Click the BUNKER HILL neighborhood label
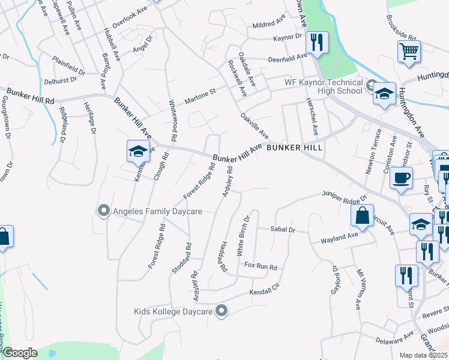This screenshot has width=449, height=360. pyautogui.click(x=295, y=147)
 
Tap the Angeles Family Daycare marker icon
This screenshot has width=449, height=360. pyautogui.click(x=103, y=211)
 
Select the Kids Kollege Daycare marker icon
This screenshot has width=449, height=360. pyautogui.click(x=222, y=311)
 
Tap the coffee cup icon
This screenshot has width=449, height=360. pyautogui.click(x=401, y=177)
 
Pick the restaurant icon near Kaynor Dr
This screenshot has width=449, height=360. pyautogui.click(x=315, y=42)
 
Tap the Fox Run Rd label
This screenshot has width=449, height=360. pyautogui.click(x=261, y=266)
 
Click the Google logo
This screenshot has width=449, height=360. pyautogui.click(x=20, y=352)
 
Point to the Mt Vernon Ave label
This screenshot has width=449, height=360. pyautogui.click(x=358, y=289)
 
